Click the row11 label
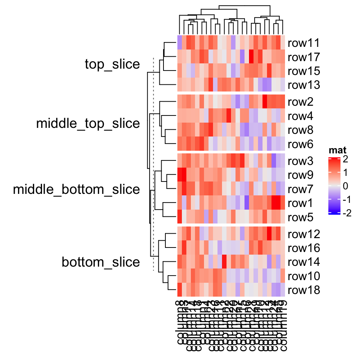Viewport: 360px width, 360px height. (x=304, y=43)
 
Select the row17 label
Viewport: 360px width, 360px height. (x=304, y=57)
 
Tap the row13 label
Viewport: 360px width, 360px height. (x=304, y=85)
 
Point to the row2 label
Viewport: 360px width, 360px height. (x=301, y=102)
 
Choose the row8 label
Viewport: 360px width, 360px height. (x=301, y=130)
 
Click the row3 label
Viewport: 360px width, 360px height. (x=301, y=161)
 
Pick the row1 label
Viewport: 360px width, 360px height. (x=301, y=203)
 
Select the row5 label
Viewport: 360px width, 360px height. (x=301, y=217)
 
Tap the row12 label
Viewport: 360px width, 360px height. (x=304, y=234)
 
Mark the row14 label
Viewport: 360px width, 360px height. (x=304, y=262)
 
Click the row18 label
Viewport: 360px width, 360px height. (x=304, y=290)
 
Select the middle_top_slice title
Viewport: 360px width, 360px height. (x=88, y=123)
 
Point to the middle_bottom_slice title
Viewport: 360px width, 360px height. (x=76, y=189)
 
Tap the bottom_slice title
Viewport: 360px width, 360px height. (x=101, y=262)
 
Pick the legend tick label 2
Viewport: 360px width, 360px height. (x=345, y=160)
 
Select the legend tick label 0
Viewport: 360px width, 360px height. (x=345, y=186)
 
